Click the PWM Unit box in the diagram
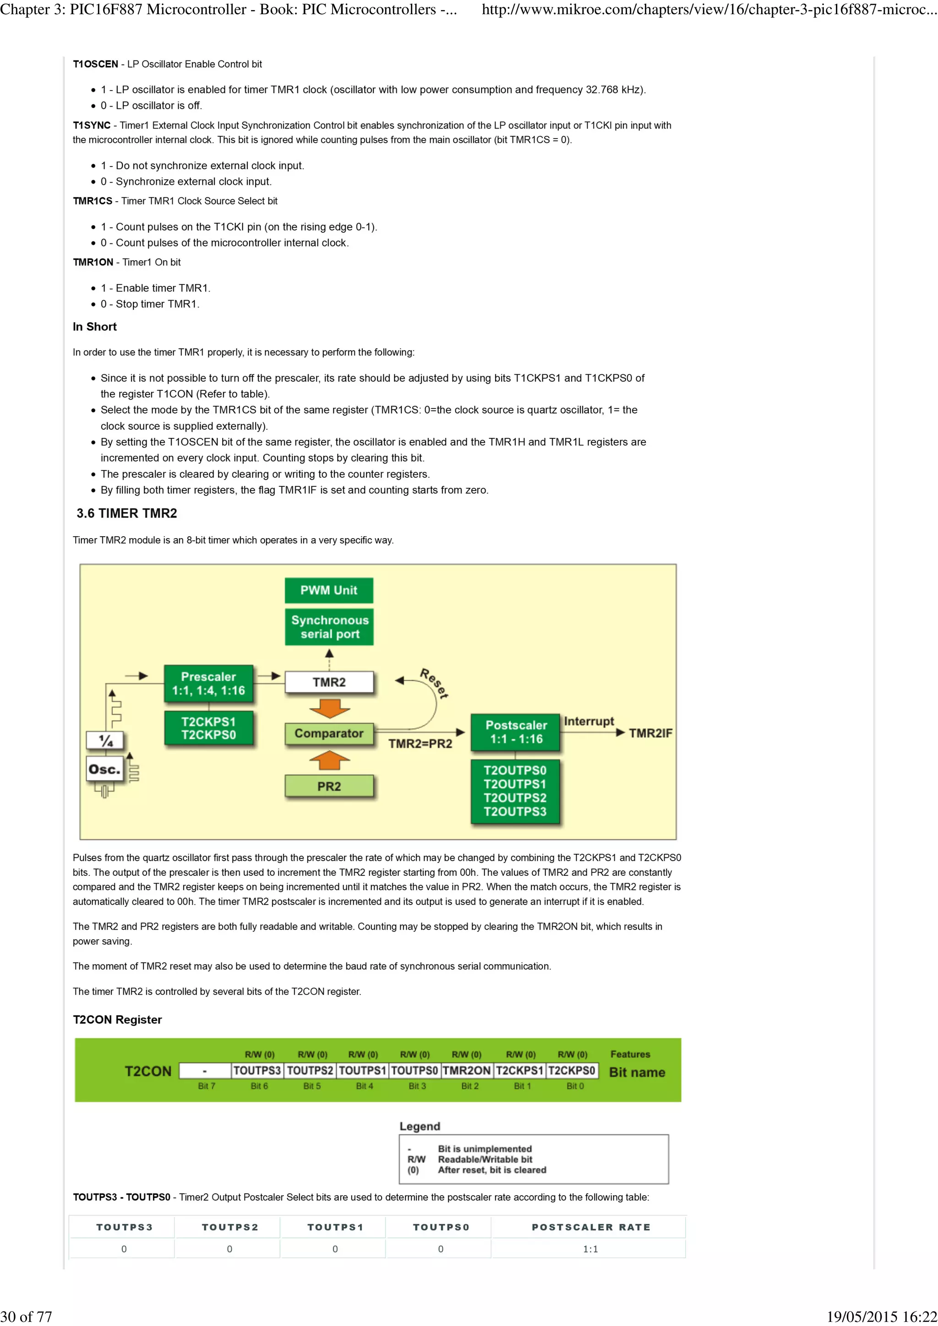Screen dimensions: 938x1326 point(328,590)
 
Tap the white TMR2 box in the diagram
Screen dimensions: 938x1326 point(329,682)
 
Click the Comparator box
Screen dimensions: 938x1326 point(329,733)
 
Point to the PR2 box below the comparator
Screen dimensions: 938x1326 point(329,786)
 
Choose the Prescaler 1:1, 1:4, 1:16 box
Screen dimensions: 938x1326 point(209,683)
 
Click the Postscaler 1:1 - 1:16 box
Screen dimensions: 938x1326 point(516,732)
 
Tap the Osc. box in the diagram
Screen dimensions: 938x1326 point(104,769)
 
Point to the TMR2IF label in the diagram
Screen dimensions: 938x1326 point(650,733)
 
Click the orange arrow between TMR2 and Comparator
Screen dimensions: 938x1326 point(329,708)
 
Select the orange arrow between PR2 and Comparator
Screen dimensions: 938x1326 point(329,760)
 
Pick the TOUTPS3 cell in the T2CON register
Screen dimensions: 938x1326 point(257,1070)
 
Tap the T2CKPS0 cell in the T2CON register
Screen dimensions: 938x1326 point(572,1070)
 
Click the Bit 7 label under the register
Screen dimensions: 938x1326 point(206,1086)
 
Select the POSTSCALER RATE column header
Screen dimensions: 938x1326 point(591,1227)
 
